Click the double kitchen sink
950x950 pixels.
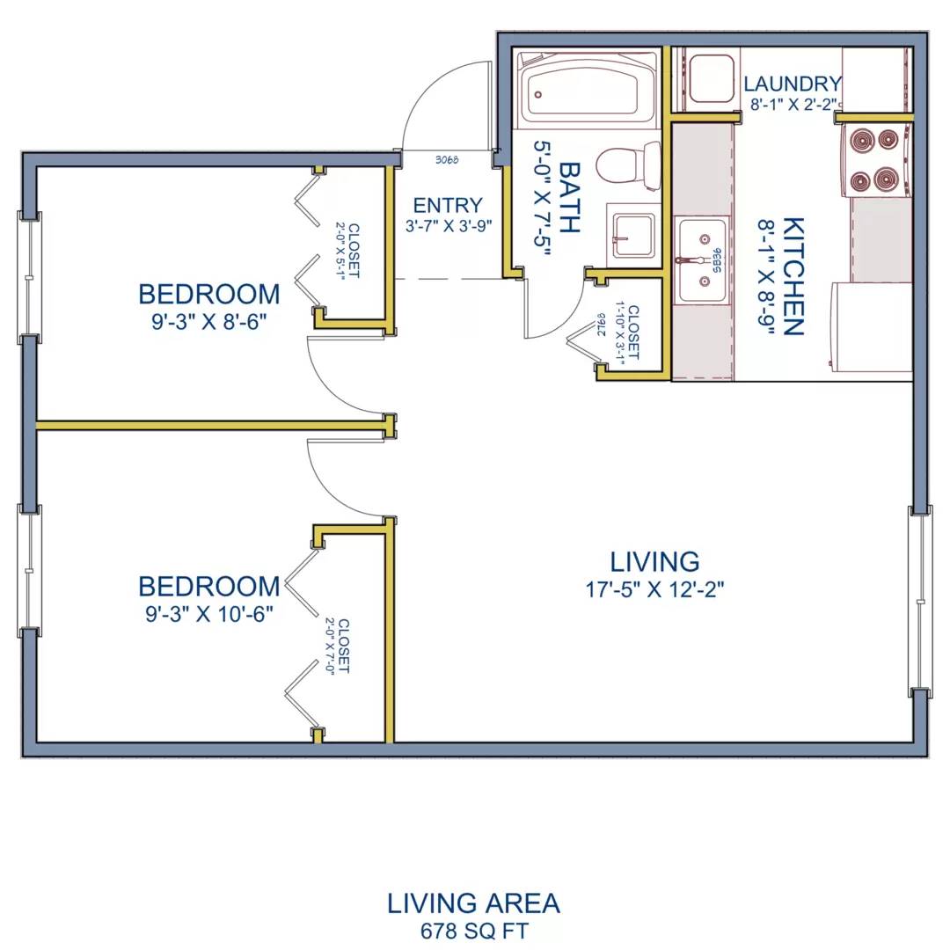tap(703, 260)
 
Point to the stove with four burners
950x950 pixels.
tap(876, 161)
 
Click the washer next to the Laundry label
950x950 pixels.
tap(712, 79)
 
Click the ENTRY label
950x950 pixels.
tap(448, 205)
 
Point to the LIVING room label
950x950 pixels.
tap(654, 561)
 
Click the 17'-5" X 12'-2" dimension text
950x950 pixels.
tap(654, 588)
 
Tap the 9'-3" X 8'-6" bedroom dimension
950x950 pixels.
tap(209, 322)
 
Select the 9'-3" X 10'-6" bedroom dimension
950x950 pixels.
tap(209, 614)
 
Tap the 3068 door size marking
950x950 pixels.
tap(447, 160)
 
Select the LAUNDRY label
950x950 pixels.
tap(793, 83)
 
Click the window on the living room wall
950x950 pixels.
tap(920, 602)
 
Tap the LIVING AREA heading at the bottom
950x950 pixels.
tap(474, 903)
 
